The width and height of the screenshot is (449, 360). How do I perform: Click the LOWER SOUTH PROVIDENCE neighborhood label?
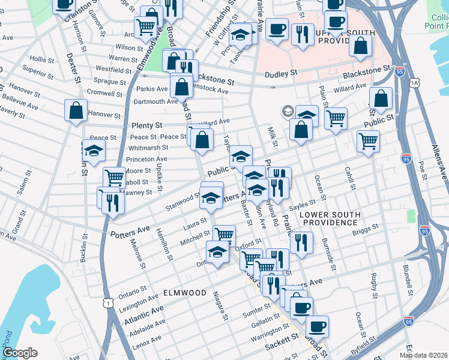[330, 218]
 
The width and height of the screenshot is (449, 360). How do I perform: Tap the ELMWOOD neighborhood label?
[185, 293]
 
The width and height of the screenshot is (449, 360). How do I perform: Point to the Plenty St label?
[146, 126]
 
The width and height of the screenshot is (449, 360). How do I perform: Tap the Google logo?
[20, 353]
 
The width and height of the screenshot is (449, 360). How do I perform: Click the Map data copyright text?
[423, 355]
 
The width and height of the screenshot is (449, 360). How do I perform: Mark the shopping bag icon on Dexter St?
[76, 111]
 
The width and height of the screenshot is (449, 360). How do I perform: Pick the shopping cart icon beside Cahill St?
[367, 142]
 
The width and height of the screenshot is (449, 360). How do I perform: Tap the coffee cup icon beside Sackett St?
[317, 327]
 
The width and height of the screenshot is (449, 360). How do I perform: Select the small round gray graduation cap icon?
[288, 112]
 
